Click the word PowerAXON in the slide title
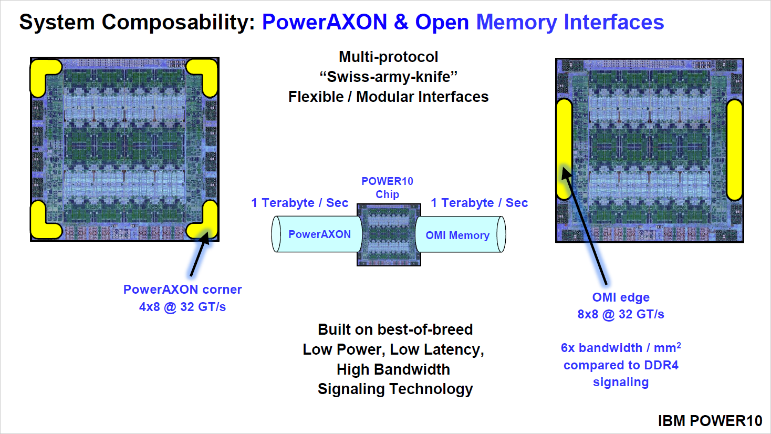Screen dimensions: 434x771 pos(324,22)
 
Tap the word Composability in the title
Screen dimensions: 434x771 pos(178,22)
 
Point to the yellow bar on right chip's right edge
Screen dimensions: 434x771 pos(734,150)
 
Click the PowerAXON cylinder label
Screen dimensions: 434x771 pos(319,234)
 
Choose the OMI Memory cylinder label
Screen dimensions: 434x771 pos(457,235)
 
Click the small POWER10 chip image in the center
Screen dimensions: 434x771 pos(389,235)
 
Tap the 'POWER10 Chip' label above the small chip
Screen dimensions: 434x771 pos(387,188)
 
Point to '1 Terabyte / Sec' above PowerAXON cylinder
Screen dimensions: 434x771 pos(299,203)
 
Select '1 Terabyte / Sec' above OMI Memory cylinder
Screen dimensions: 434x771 pos(479,203)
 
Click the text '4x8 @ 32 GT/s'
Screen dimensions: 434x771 pos(182,307)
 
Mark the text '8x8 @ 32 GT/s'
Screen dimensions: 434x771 pos(621,314)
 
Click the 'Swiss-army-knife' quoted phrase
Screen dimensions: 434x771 pos(389,77)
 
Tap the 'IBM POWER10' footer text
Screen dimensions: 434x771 pos(710,421)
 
